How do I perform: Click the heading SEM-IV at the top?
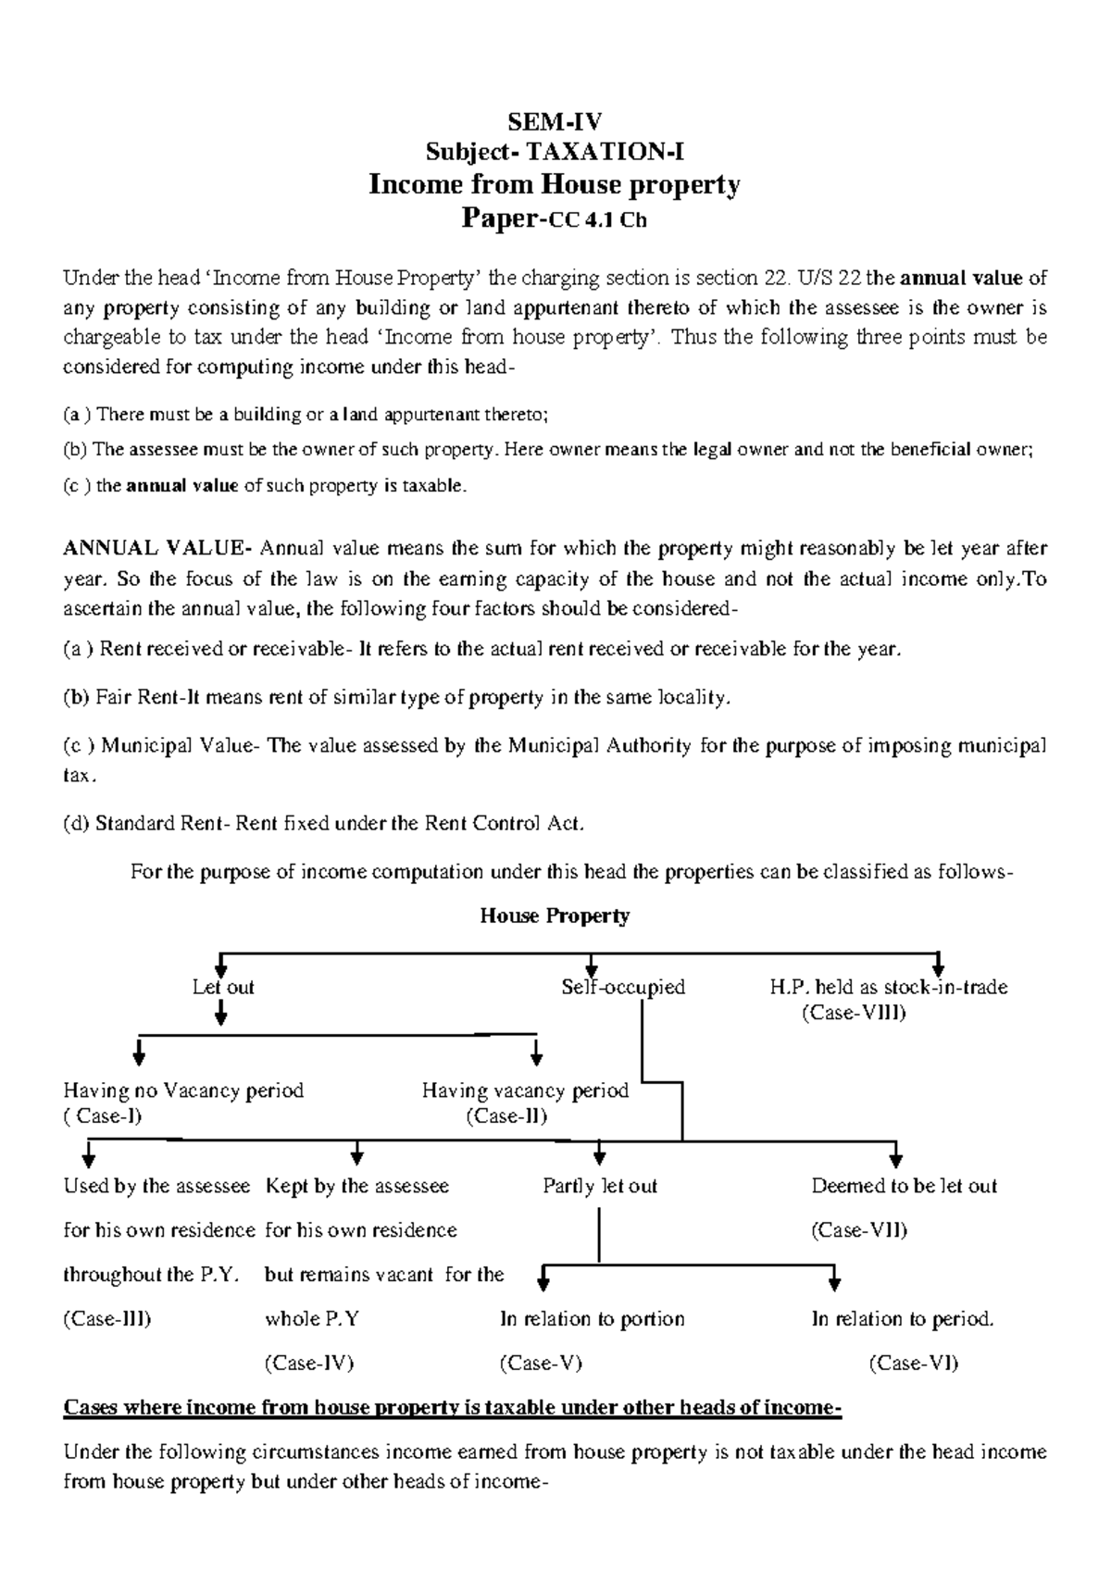click(x=555, y=121)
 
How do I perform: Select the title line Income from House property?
click(x=555, y=185)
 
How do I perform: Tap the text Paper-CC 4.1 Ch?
click(x=555, y=219)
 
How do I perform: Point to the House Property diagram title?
click(x=555, y=916)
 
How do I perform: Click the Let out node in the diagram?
click(x=222, y=988)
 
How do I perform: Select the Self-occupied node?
click(x=623, y=988)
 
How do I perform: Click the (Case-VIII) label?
click(x=853, y=1013)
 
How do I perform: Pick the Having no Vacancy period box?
click(x=183, y=1090)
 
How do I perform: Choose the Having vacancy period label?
click(x=525, y=1090)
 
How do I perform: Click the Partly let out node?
click(x=600, y=1187)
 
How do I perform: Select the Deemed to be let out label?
click(x=904, y=1187)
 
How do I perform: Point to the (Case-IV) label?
click(x=309, y=1364)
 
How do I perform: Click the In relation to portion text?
click(x=592, y=1319)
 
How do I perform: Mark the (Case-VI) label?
click(x=913, y=1364)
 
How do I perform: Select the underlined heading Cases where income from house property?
click(x=452, y=1408)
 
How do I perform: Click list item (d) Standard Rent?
click(x=324, y=824)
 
